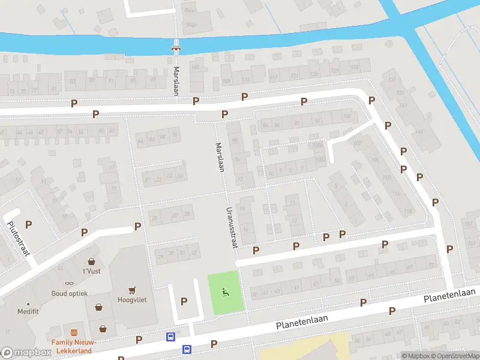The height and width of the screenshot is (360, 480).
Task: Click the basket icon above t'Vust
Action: click(x=91, y=261)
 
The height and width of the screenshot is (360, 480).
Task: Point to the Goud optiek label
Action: click(x=70, y=293)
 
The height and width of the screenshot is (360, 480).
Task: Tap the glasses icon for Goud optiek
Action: click(x=70, y=283)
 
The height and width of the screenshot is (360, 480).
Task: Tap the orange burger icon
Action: click(x=74, y=332)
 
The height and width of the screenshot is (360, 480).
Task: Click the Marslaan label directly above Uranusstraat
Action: click(x=220, y=157)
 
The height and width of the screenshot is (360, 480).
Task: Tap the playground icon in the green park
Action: click(x=226, y=293)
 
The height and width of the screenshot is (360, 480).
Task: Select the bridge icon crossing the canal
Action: click(x=176, y=47)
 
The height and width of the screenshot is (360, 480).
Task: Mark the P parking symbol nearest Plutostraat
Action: click(x=28, y=224)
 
